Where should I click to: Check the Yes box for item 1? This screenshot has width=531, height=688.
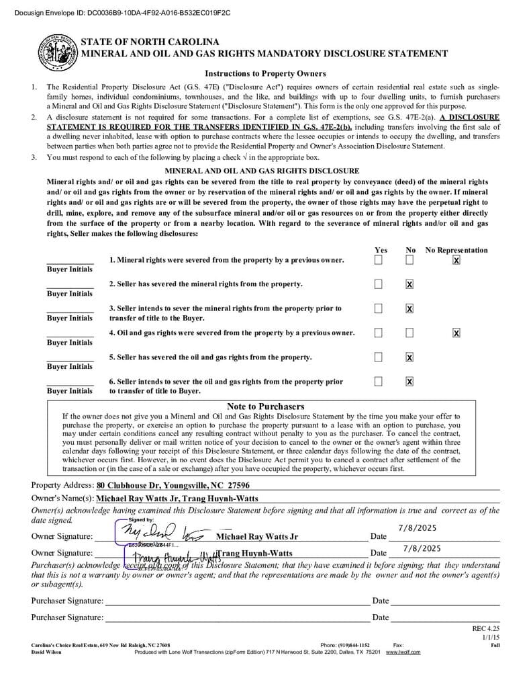379,260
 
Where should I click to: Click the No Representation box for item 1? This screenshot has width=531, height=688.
456,260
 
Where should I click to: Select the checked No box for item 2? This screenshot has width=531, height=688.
409,284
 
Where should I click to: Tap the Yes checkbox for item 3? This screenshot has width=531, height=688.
379,308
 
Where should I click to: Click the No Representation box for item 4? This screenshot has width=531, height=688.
456,333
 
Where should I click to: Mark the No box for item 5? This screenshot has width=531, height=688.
409,357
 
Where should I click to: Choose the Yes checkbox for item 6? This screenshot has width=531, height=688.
379,382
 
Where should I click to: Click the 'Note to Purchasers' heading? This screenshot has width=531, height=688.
265,406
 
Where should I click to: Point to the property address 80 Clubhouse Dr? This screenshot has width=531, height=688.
173,485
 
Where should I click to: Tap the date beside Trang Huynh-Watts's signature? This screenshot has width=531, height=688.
422,548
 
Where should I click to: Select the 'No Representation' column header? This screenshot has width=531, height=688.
456,250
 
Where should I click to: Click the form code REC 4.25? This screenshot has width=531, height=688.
487,628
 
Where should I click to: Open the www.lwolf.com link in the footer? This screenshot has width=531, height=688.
403,652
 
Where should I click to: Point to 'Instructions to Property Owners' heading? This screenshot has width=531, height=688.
265,74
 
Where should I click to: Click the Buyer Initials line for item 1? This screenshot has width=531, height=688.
70,262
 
